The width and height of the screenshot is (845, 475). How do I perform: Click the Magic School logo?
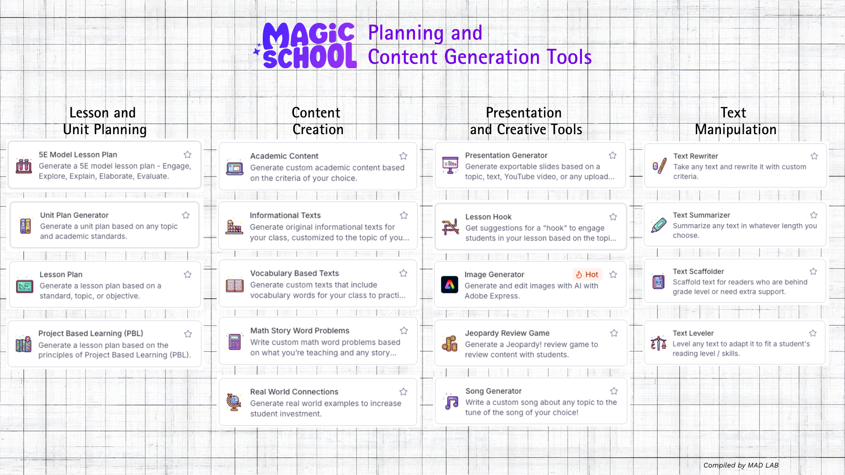(x=305, y=46)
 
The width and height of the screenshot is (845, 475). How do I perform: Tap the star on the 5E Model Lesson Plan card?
(x=187, y=154)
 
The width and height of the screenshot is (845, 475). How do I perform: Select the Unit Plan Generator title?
(x=74, y=215)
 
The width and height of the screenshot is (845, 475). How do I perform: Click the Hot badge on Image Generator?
(x=587, y=274)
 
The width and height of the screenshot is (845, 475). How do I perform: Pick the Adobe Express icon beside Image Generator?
(x=449, y=285)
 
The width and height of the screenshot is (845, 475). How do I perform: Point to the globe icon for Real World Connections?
(x=234, y=402)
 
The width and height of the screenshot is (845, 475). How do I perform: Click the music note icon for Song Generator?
(x=451, y=402)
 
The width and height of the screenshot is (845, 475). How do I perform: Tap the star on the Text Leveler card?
(x=813, y=333)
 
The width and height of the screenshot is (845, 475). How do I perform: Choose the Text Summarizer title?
(x=702, y=215)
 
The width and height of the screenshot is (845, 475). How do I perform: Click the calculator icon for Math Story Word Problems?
(x=235, y=342)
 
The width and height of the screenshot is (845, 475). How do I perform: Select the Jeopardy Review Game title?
(x=507, y=333)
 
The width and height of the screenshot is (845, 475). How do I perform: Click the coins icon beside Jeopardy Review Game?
(x=450, y=343)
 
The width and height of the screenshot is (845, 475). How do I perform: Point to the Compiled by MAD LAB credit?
(x=741, y=465)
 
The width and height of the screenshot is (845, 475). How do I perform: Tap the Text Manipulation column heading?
(x=735, y=121)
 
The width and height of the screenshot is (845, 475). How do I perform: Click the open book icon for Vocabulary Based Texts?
(x=235, y=285)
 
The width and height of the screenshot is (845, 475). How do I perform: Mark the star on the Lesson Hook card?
(x=613, y=217)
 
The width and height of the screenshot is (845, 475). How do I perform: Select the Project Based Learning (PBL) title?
(x=91, y=333)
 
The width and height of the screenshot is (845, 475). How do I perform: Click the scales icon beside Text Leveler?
(x=658, y=343)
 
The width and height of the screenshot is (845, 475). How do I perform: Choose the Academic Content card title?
(x=284, y=156)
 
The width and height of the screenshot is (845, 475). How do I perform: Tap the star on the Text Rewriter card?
(x=814, y=156)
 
